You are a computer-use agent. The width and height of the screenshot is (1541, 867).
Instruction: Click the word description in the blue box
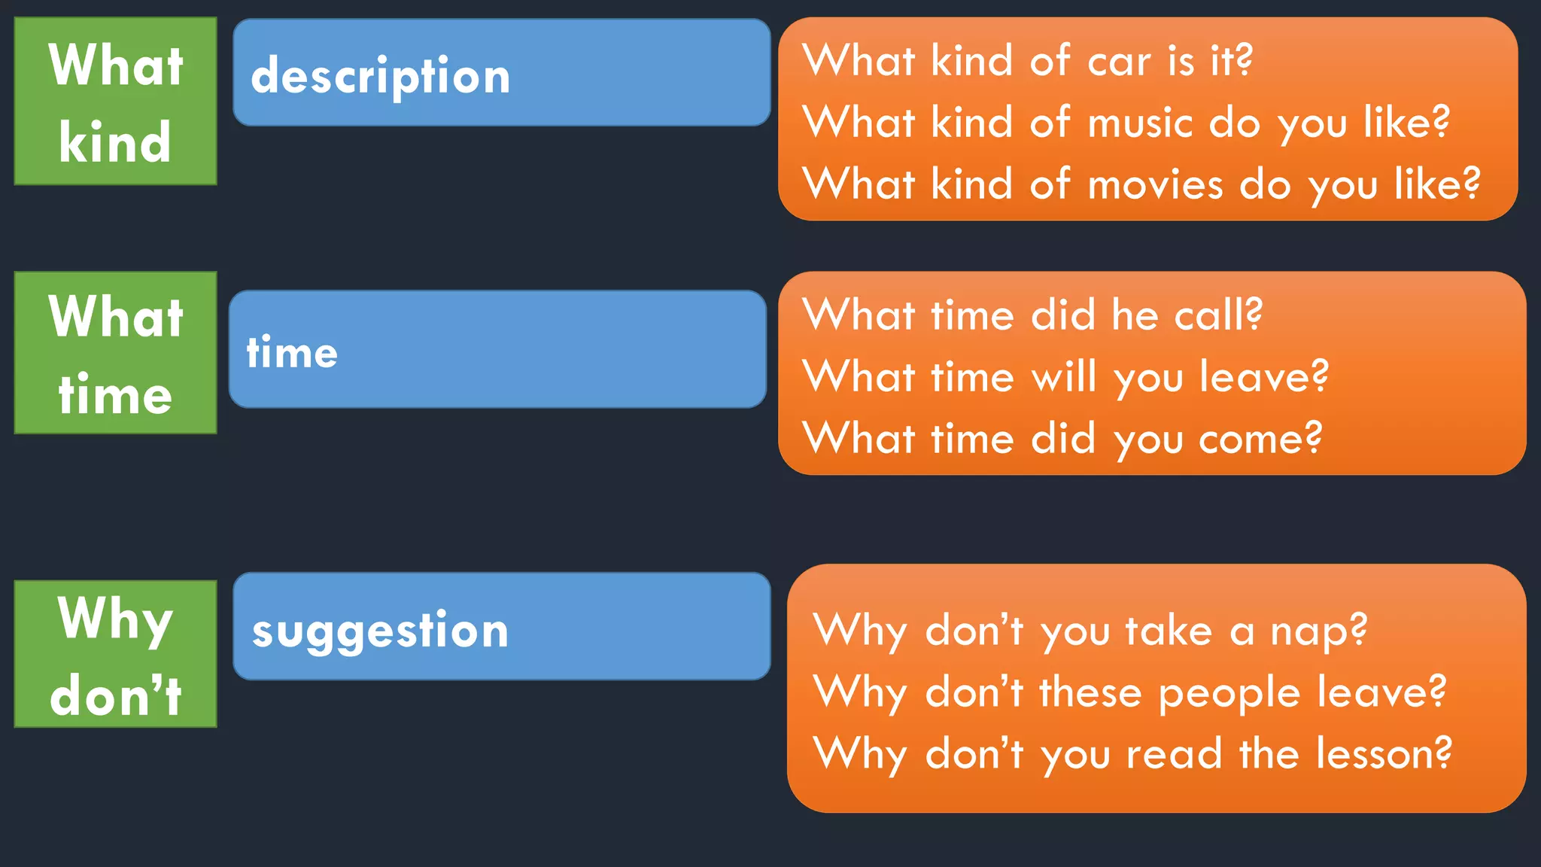click(x=381, y=77)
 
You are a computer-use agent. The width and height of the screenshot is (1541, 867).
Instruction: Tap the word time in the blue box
click(x=292, y=352)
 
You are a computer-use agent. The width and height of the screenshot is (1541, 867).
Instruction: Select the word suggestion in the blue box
click(x=381, y=631)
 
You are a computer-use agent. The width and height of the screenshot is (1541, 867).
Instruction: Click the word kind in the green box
click(x=115, y=141)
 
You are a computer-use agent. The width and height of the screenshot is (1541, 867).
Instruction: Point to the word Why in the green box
click(x=115, y=619)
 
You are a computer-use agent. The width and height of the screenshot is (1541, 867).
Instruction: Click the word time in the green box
click(x=115, y=394)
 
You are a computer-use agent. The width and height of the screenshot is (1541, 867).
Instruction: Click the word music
click(x=1141, y=123)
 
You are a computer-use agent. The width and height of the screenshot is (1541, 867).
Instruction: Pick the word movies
click(x=1156, y=185)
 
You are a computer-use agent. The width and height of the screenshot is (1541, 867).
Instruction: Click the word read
click(x=1174, y=753)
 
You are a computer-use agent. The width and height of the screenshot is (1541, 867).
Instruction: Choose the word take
click(x=1169, y=631)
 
